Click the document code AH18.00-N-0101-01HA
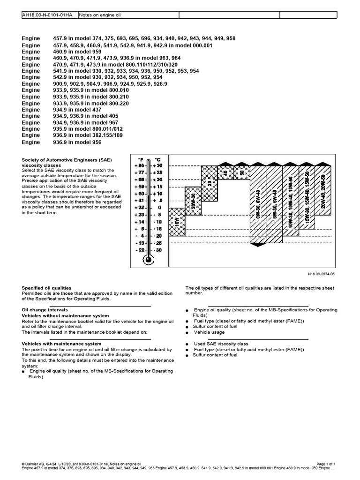(47, 15)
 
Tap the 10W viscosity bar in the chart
(177, 222)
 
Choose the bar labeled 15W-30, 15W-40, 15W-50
(306, 197)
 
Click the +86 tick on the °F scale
(139, 165)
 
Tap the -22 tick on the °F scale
(139, 250)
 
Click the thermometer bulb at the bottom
(149, 259)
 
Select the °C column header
(157, 159)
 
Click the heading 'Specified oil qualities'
(47, 288)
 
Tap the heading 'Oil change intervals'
(45, 310)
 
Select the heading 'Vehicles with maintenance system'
(62, 344)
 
